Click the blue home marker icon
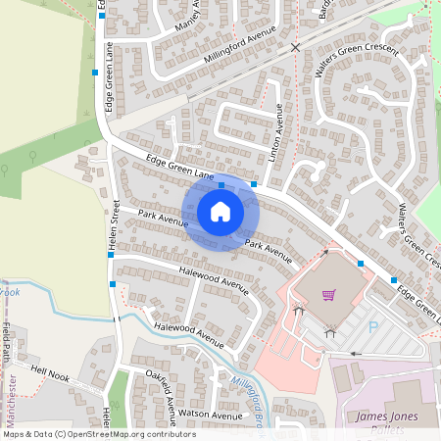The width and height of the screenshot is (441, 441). [220, 212]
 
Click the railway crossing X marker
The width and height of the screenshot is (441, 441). [296, 46]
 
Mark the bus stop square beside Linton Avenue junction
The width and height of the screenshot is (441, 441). [254, 184]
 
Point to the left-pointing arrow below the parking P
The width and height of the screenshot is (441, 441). [355, 353]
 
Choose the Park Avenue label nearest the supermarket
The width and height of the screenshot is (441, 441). [268, 252]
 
